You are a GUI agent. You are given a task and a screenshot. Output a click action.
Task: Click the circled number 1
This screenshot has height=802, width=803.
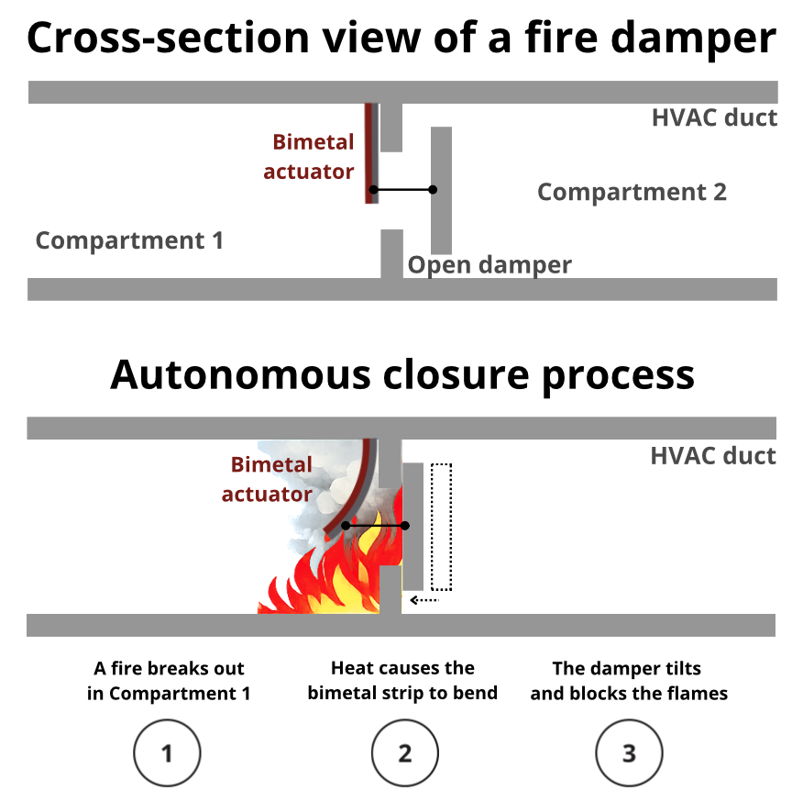click(167, 753)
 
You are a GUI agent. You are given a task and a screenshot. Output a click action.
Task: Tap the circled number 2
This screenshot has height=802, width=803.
click(404, 753)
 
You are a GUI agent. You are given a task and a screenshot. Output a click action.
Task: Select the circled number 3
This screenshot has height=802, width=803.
click(629, 753)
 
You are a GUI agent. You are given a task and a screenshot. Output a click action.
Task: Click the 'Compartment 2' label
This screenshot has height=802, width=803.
click(632, 193)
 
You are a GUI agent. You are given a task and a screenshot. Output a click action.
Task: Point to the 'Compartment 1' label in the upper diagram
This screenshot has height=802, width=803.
click(129, 241)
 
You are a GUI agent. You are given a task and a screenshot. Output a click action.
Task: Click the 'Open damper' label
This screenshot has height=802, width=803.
click(489, 265)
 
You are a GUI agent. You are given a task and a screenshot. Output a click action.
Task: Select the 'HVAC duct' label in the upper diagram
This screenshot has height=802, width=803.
click(714, 118)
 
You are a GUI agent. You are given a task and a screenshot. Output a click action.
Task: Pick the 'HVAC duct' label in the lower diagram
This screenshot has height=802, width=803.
click(713, 456)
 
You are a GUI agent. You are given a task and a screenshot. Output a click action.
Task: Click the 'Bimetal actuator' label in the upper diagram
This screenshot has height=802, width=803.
click(312, 157)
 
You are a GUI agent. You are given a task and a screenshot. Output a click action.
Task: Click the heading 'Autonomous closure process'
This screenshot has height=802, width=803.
click(401, 376)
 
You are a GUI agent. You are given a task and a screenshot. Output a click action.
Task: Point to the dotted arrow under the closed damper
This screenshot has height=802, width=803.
click(425, 600)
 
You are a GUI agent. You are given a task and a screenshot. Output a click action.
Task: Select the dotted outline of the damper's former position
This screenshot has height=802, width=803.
click(442, 528)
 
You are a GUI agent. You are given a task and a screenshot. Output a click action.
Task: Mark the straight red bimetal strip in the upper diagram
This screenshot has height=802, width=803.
click(369, 151)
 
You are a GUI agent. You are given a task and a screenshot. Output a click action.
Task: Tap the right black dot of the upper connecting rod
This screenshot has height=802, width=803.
click(433, 190)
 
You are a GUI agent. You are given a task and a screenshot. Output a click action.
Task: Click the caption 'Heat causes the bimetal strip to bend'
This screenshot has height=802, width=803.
click(402, 681)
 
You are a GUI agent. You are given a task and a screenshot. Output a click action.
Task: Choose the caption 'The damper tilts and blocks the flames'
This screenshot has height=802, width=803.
click(629, 681)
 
